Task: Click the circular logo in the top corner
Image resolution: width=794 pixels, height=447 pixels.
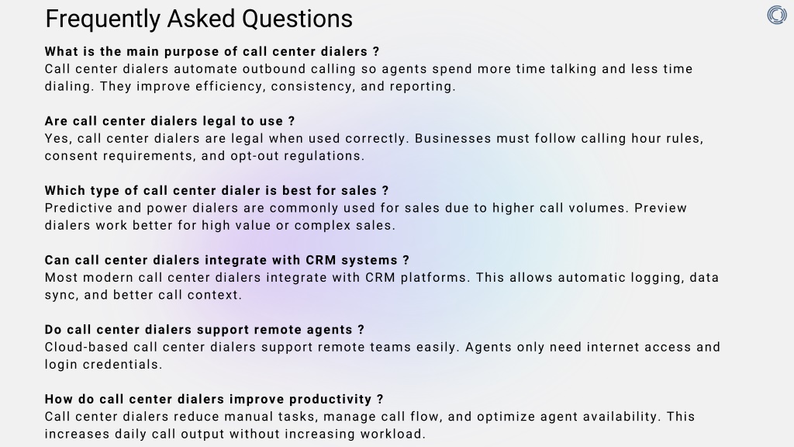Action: [x=777, y=16]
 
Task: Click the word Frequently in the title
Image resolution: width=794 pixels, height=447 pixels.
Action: [x=103, y=19]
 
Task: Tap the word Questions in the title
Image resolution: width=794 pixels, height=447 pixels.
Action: [x=297, y=19]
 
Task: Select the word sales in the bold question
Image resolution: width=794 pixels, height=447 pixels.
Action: [x=358, y=191]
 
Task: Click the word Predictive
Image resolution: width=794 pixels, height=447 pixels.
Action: [x=78, y=208]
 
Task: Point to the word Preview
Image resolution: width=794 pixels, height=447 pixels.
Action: [x=661, y=208]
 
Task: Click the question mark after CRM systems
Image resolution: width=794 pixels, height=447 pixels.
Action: [x=406, y=261]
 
